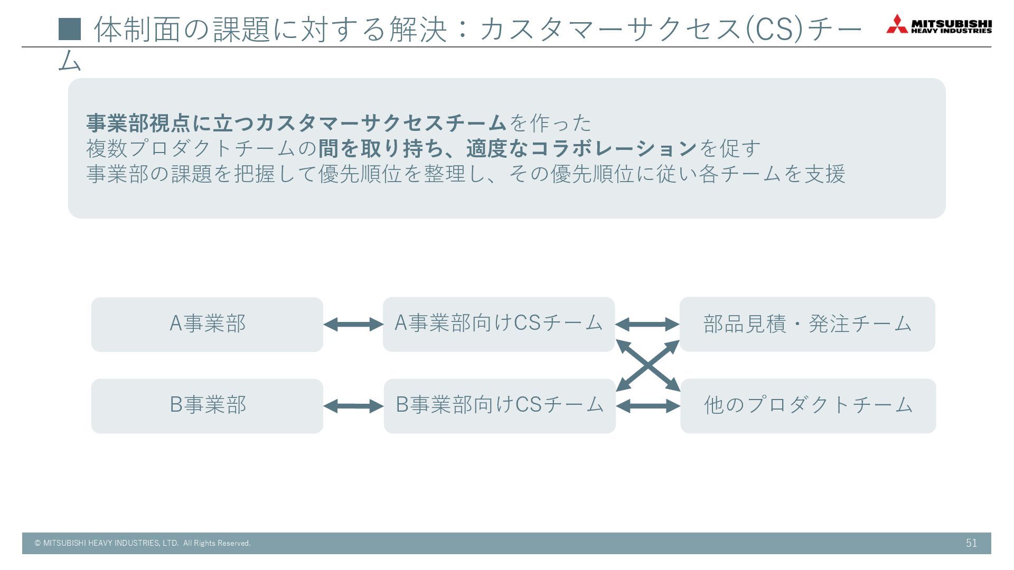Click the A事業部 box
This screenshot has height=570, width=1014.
pyautogui.click(x=207, y=324)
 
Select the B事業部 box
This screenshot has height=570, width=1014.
pyautogui.click(x=207, y=405)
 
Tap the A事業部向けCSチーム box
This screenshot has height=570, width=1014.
pyautogui.click(x=499, y=324)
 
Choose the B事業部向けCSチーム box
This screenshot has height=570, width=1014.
pyautogui.click(x=500, y=405)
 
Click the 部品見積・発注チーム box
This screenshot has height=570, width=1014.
pyautogui.click(x=807, y=324)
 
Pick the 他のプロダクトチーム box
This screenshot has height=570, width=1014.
pyautogui.click(x=808, y=405)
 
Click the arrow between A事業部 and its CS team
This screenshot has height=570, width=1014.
pyautogui.click(x=353, y=324)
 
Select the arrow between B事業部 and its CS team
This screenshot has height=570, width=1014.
pyautogui.click(x=353, y=406)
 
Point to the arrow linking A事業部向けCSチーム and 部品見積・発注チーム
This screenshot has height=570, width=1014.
pyautogui.click(x=647, y=324)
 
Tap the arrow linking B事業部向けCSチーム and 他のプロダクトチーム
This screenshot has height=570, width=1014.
pyautogui.click(x=648, y=406)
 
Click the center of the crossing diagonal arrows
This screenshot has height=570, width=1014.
pyautogui.click(x=648, y=365)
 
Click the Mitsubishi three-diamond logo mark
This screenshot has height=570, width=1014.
pyautogui.click(x=896, y=24)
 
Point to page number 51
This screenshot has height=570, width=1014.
pyautogui.click(x=971, y=543)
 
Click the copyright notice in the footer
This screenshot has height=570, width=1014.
pyautogui.click(x=143, y=543)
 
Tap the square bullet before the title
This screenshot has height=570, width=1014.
pyautogui.click(x=70, y=29)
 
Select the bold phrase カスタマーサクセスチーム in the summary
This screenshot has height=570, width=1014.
pyautogui.click(x=381, y=123)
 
